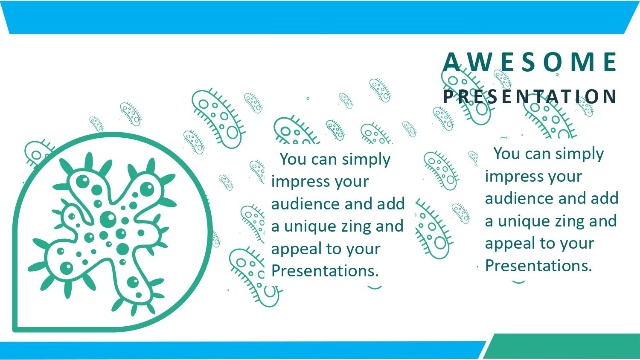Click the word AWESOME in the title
[529, 62]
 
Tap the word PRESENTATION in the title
[529, 96]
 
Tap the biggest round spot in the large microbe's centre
[108, 219]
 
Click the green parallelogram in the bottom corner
[562, 346]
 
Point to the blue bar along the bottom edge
[243, 350]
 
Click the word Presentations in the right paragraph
[538, 265]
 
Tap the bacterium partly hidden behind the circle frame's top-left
[38, 152]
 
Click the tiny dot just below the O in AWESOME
[557, 75]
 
